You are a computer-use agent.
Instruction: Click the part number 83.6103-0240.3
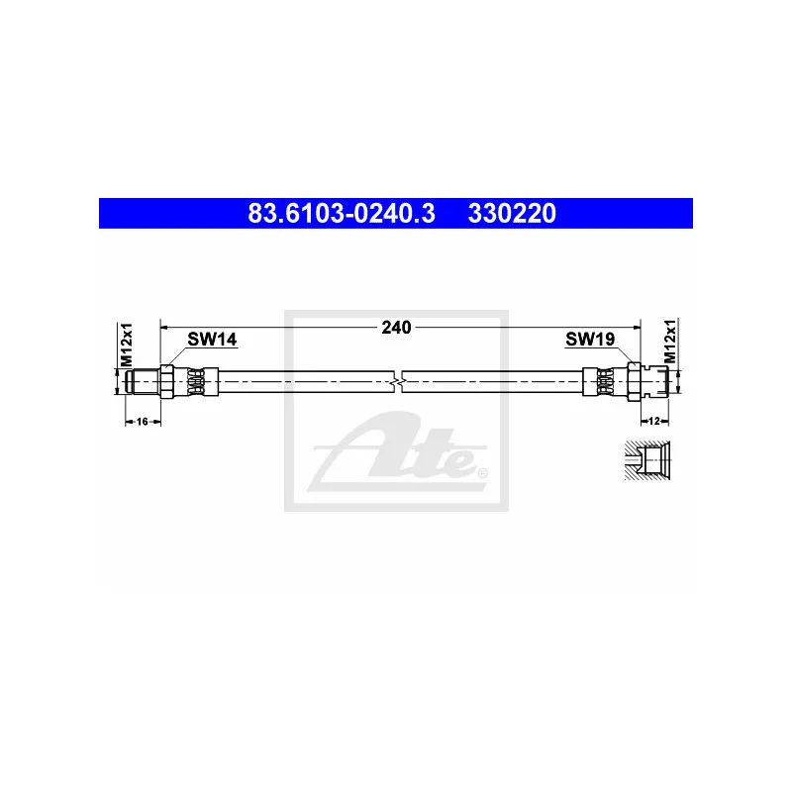339,213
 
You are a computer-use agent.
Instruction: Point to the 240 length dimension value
396,326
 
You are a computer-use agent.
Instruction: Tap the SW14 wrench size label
212,340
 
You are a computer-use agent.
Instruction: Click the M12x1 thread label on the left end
127,344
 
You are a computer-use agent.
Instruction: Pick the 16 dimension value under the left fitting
142,422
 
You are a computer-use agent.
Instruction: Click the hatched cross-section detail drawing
646,459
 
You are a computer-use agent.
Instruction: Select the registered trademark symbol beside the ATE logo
482,472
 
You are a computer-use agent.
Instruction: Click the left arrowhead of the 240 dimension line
165,325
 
